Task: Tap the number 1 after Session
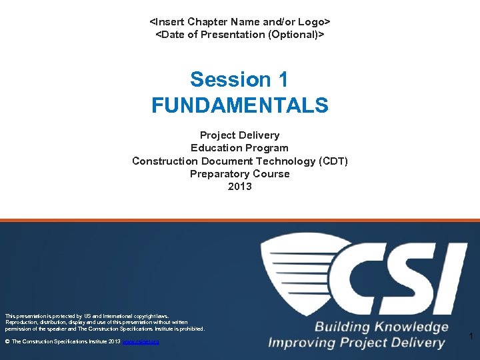pos(282,79)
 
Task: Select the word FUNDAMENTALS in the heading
pos(240,105)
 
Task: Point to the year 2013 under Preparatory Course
pos(240,187)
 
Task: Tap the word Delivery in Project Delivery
pos(260,135)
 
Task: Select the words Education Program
pos(240,148)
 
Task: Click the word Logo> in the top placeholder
pos(313,21)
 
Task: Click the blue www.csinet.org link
pos(141,341)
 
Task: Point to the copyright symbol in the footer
pos(7,341)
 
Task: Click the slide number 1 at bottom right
pos(471,337)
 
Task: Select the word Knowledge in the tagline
pos(411,327)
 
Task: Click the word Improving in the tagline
pos(304,343)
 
